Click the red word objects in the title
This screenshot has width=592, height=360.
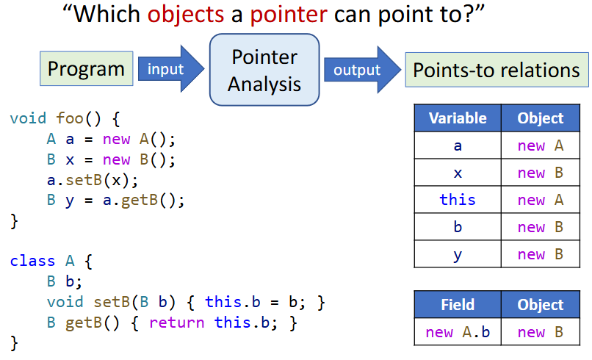[x=186, y=15]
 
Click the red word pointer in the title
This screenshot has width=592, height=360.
[x=289, y=15]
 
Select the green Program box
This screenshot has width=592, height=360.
[x=87, y=69]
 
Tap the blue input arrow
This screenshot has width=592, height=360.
[x=171, y=69]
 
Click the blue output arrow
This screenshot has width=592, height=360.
[x=362, y=70]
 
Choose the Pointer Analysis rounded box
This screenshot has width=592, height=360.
[x=264, y=70]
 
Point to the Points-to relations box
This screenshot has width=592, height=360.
[x=497, y=70]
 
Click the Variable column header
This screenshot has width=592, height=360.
[x=458, y=118]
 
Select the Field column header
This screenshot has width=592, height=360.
[x=458, y=304]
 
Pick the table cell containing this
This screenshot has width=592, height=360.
[x=458, y=199]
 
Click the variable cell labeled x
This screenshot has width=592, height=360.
[x=458, y=173]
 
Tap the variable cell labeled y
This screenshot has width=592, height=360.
[x=458, y=254]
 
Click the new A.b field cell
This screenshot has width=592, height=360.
[x=458, y=332]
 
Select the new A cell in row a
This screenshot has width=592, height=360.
[x=541, y=145]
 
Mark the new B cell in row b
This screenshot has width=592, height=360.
[x=541, y=227]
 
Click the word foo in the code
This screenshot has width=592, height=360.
[x=70, y=118]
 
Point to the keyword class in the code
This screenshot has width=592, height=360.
[x=32, y=261]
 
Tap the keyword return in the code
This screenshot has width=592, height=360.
[x=177, y=323]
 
